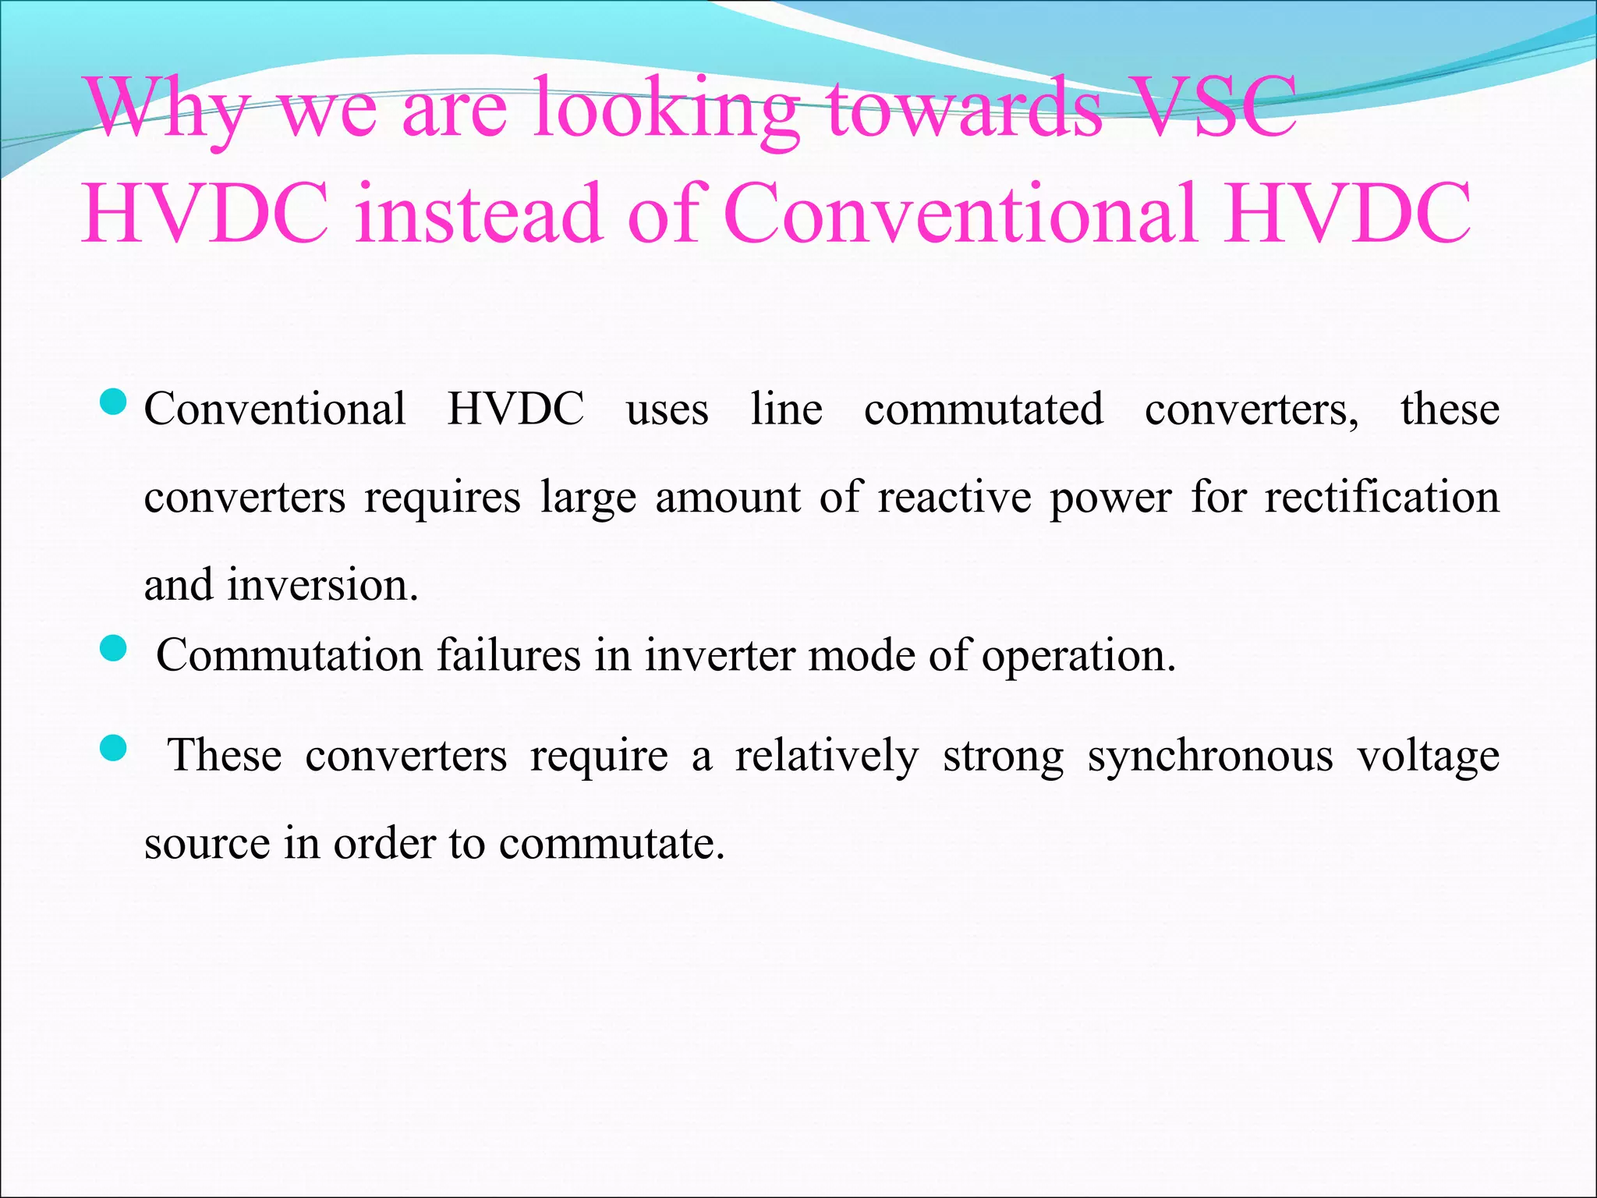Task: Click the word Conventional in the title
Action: click(960, 212)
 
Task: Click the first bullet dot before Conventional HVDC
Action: click(114, 403)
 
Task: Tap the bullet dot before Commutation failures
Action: click(114, 648)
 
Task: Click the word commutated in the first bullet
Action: click(983, 409)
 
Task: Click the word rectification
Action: click(1381, 498)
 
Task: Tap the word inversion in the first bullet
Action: click(322, 585)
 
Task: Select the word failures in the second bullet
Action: click(508, 655)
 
